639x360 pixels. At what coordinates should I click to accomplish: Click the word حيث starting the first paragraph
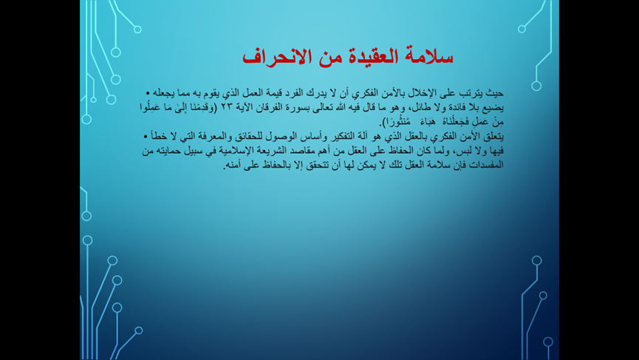pos(495,93)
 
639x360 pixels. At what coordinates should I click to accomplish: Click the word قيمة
pos(282,93)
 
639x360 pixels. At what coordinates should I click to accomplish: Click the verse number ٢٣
pos(227,108)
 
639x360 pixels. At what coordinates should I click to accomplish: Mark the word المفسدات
pos(487,165)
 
